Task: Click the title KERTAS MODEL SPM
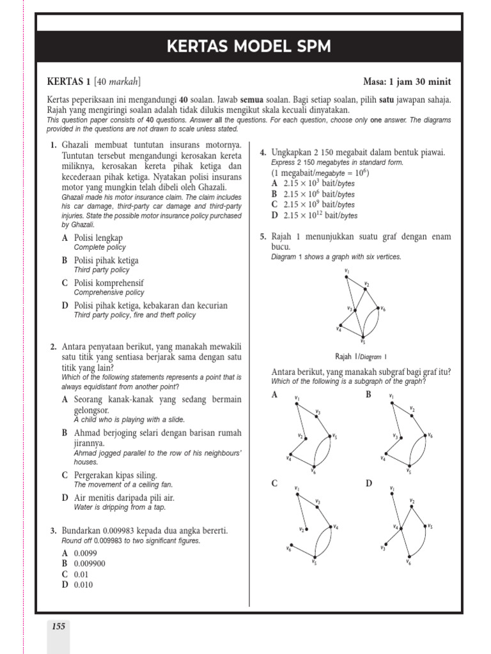point(249,47)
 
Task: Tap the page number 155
point(58,627)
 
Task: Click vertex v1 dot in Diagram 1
point(347,276)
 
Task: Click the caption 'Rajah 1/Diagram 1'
point(361,357)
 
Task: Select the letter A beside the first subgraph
point(275,395)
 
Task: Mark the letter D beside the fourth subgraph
point(369,483)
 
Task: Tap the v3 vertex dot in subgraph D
point(386,545)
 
